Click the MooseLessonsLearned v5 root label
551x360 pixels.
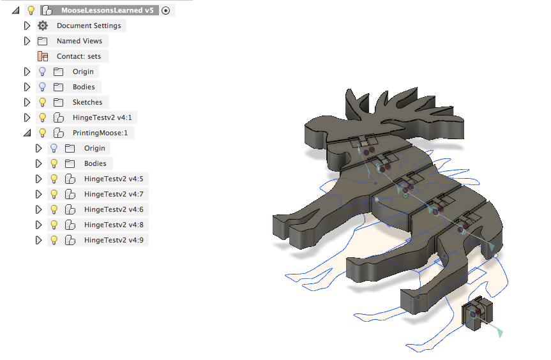107,10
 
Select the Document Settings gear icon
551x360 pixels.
43,26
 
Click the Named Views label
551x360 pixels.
79,41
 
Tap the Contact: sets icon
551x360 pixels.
43,56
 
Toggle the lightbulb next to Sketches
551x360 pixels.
43,102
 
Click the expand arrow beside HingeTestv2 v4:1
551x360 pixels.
27,117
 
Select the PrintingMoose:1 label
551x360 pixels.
100,133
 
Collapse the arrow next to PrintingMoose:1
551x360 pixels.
27,133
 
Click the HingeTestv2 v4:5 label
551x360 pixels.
114,179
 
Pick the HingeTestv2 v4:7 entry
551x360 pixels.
114,194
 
